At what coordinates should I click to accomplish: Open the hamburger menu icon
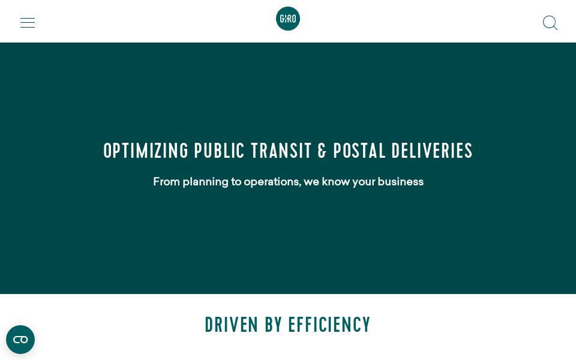point(28,23)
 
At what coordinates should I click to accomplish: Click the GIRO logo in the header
point(288,19)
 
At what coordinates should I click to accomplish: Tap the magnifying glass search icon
point(550,23)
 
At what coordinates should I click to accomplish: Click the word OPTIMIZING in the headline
point(146,151)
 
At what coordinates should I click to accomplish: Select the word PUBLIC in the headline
point(220,151)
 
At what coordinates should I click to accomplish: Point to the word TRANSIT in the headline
point(281,151)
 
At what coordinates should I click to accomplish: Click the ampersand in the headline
point(322,151)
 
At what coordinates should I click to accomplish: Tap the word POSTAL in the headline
point(359,151)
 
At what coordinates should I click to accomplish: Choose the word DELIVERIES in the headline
point(432,151)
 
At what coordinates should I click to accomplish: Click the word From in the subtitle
point(166,181)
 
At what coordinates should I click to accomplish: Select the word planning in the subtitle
point(205,182)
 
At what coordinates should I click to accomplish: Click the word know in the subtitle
point(336,181)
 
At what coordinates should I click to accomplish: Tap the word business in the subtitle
point(400,181)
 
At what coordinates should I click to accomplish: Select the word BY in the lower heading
point(274,325)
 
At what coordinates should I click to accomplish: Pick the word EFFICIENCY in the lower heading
point(329,325)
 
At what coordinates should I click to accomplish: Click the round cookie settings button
point(20,340)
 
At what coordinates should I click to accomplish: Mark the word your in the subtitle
point(364,182)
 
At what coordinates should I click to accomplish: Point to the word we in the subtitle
point(311,182)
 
